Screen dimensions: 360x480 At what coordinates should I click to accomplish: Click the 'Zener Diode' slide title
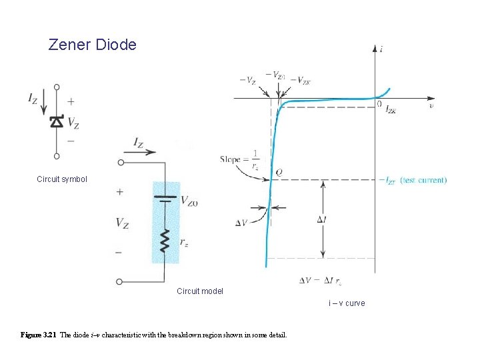(x=92, y=45)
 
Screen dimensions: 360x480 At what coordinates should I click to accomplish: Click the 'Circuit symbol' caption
(x=62, y=179)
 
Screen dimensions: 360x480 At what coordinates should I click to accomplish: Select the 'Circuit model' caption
(x=200, y=291)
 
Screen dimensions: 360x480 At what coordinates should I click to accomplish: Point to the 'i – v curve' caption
(x=347, y=303)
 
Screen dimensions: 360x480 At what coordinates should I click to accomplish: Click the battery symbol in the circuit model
(x=165, y=198)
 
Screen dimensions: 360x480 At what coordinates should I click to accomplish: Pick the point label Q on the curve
(x=279, y=172)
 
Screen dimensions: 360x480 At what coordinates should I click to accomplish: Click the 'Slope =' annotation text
(x=232, y=159)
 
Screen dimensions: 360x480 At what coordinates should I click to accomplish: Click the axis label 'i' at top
(x=381, y=49)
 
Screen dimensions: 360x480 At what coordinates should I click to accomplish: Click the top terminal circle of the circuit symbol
(x=57, y=87)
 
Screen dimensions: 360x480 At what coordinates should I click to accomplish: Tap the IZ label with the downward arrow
(x=33, y=98)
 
